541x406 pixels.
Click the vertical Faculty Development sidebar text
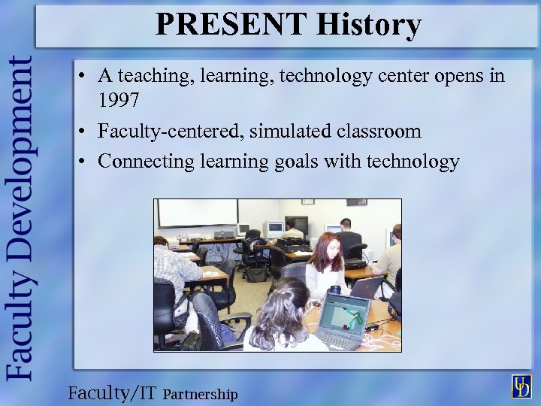click(20, 218)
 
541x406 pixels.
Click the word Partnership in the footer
click(200, 394)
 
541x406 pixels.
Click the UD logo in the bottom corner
click(521, 385)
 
